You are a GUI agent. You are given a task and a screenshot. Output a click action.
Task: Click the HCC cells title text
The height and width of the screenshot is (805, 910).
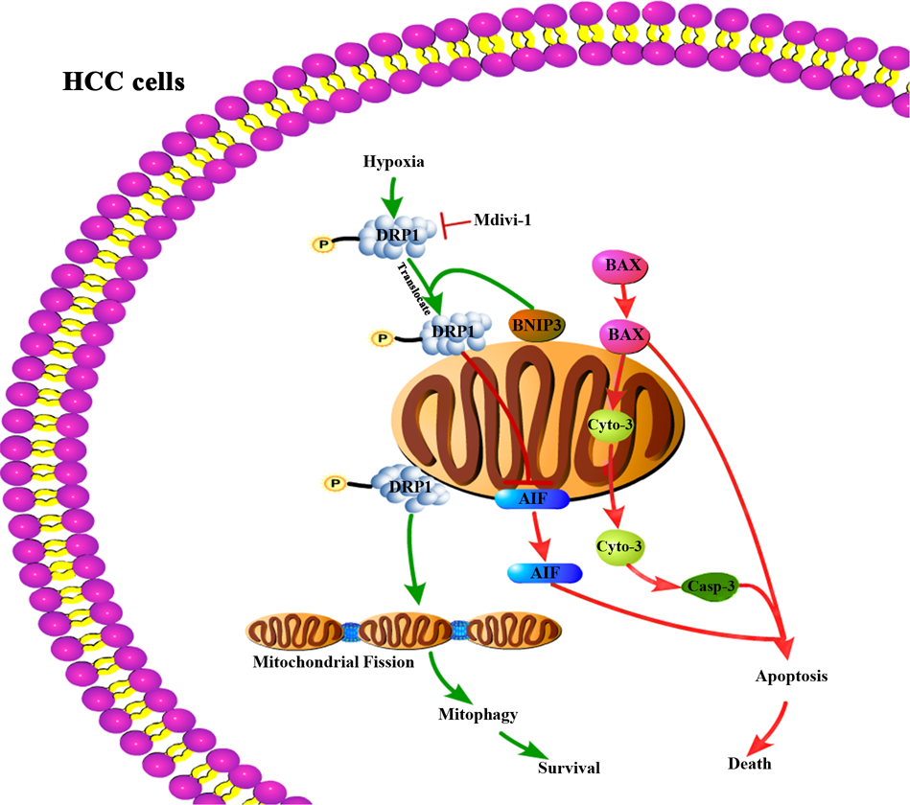[124, 81]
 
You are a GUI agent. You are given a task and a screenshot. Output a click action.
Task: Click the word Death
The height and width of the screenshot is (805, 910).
[749, 764]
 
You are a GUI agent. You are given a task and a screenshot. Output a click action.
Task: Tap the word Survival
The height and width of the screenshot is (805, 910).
[569, 768]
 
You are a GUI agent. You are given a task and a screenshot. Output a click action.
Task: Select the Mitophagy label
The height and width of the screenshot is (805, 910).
[478, 714]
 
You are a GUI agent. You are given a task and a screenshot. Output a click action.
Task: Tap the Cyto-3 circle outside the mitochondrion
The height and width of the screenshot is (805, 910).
[618, 545]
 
